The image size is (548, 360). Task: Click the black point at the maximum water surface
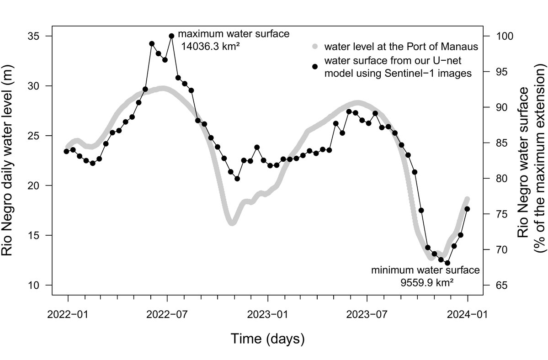[x=171, y=36]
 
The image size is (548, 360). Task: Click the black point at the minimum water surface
[x=447, y=263]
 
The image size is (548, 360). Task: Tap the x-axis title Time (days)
[x=267, y=339]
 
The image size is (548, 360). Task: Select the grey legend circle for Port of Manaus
[x=314, y=47]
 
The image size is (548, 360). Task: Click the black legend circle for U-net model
[x=314, y=67]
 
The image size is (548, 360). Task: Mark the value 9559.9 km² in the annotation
[x=427, y=282]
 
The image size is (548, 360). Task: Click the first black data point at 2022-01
[x=66, y=151]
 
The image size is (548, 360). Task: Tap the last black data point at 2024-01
[x=467, y=209]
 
